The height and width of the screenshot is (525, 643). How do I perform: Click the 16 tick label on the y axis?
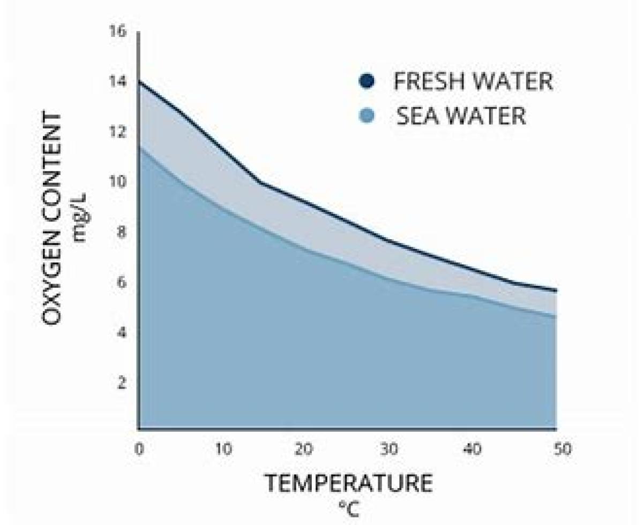coord(119,32)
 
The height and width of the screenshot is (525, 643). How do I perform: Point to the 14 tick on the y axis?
coord(119,82)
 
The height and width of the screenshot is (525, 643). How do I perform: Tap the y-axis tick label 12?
coord(119,132)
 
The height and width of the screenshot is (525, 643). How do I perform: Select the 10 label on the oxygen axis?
coord(119,182)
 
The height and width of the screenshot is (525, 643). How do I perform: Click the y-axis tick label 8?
coord(122,232)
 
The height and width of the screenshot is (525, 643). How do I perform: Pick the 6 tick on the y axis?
coord(122,283)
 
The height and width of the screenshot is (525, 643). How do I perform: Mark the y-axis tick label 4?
coord(122,333)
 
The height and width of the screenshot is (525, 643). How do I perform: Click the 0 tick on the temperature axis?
coord(139,449)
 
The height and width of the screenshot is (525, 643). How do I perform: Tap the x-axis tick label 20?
coord(304,449)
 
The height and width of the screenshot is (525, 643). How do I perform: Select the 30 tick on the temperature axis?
coord(389,449)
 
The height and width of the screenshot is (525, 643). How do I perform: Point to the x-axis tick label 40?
coord(472,449)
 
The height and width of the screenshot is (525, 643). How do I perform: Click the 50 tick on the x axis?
coord(563,449)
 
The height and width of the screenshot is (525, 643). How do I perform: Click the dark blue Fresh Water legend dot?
coord(367,81)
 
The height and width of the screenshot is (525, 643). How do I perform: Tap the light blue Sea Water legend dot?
coord(367,116)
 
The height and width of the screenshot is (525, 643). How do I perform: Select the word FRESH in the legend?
coord(430,81)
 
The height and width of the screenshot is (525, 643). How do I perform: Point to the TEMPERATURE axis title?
coord(349,483)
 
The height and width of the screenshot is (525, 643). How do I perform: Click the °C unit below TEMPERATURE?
coord(349,509)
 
